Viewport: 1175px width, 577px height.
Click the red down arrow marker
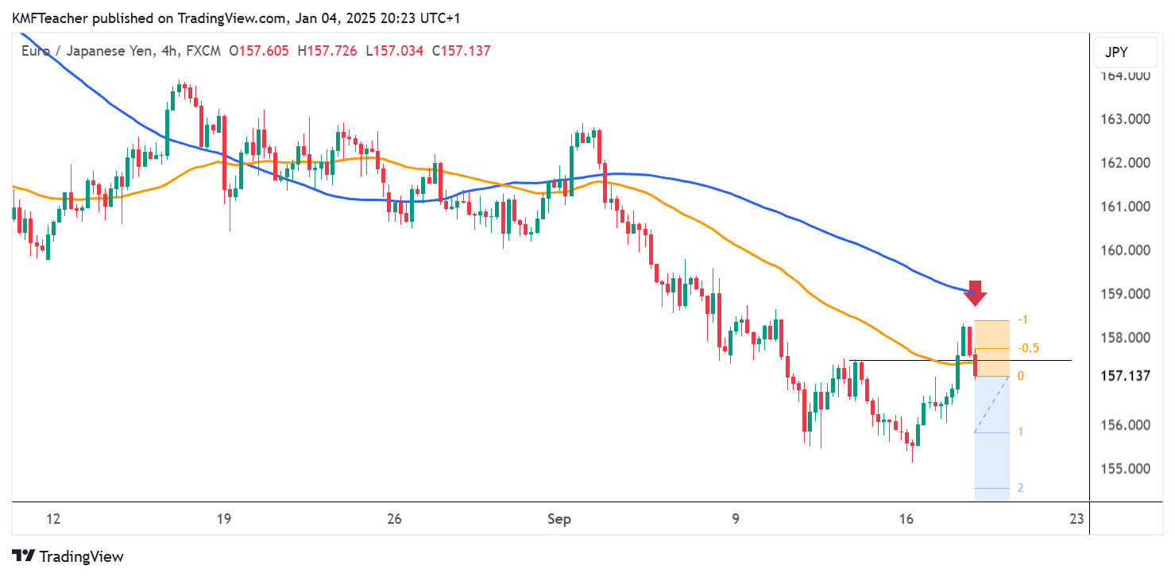[976, 293]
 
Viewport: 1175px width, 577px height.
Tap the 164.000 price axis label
[1124, 76]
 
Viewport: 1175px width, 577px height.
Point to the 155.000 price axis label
[1124, 468]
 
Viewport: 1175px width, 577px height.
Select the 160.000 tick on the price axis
[1124, 250]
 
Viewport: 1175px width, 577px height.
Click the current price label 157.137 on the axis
[1126, 375]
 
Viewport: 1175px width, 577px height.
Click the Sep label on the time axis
[559, 519]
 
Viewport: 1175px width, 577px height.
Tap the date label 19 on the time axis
[223, 519]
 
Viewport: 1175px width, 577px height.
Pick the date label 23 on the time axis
[1077, 519]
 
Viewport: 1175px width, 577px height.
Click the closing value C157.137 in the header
[461, 51]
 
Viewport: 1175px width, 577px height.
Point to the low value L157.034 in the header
[395, 51]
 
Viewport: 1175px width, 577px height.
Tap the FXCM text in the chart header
[204, 51]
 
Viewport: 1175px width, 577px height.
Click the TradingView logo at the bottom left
[68, 556]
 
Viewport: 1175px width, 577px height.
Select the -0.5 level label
[1028, 348]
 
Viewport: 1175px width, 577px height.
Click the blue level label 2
[1020, 488]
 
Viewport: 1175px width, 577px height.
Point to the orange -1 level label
[1024, 319]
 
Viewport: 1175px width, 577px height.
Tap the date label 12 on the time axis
[53, 519]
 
